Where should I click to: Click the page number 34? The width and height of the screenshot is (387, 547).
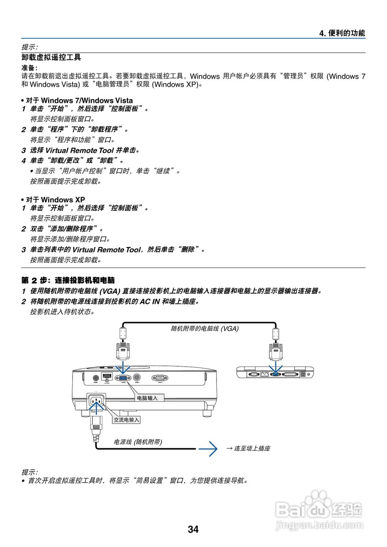point(193,529)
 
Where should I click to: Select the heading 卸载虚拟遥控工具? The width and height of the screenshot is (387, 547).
point(51,57)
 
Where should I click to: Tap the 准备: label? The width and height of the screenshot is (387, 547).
point(29,68)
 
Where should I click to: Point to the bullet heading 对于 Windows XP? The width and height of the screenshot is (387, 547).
point(55,200)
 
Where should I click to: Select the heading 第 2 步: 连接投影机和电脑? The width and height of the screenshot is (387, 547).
point(68,281)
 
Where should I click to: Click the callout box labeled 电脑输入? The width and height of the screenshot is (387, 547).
point(147,398)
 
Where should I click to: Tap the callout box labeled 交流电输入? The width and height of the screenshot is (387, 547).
point(126,420)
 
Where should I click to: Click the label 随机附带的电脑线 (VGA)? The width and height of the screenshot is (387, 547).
point(204,328)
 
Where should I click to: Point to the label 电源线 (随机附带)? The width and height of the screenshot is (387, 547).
point(138,442)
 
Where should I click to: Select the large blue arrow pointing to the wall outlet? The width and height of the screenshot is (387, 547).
point(208,448)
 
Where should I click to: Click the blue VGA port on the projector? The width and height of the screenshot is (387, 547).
point(123,378)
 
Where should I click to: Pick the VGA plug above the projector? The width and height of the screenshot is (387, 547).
point(123,351)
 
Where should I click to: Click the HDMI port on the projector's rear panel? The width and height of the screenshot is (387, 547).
point(107,377)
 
